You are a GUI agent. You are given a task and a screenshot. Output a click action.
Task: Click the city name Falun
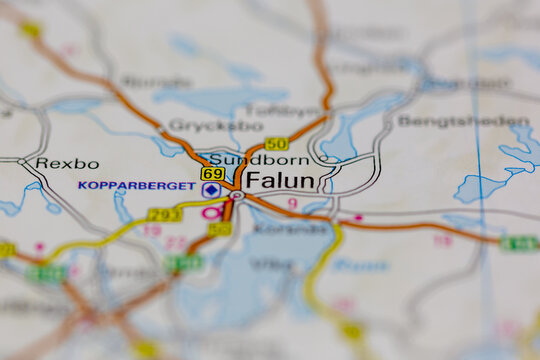click(279, 181)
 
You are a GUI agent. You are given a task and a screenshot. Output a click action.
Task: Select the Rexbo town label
click(67, 163)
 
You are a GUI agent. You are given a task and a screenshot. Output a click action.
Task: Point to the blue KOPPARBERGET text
click(137, 186)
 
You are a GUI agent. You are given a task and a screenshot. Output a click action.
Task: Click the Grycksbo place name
click(203, 125)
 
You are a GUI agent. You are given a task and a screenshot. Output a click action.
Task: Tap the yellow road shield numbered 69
click(212, 173)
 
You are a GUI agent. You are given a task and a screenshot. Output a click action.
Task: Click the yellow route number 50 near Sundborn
click(277, 144)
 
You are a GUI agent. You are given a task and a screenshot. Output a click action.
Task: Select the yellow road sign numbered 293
click(164, 215)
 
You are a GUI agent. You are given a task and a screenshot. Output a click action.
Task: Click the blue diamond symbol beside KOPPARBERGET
click(211, 189)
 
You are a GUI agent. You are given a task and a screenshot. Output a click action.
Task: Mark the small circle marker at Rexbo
click(22, 160)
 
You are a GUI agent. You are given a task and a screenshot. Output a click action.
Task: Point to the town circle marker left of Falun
click(237, 196)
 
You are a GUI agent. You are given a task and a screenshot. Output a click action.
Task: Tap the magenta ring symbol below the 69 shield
click(211, 212)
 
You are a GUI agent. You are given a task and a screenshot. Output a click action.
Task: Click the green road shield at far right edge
click(519, 243)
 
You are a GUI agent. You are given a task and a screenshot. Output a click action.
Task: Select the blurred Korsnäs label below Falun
click(276, 227)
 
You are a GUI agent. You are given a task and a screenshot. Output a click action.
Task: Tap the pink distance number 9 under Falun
click(292, 203)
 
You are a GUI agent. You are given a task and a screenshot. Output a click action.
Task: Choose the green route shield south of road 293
click(184, 263)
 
